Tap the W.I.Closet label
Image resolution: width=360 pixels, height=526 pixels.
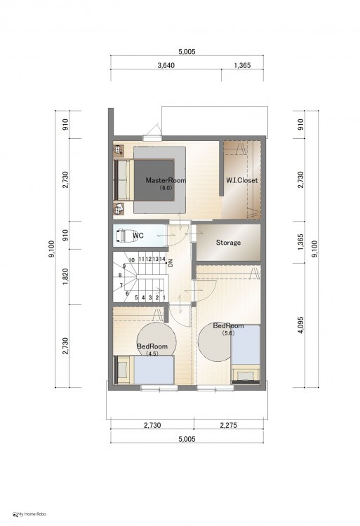241,180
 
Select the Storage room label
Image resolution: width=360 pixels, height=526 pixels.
228,243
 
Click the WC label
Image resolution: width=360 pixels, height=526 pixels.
138,236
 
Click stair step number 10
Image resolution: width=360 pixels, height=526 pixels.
131,260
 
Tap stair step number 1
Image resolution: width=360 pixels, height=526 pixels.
164,297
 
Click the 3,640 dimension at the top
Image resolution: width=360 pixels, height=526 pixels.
166,65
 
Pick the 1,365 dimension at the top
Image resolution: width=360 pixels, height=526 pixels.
242,65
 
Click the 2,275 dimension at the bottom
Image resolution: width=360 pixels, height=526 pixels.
229,426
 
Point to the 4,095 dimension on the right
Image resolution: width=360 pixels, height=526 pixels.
300,325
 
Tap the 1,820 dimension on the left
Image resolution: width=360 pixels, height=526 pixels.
65,277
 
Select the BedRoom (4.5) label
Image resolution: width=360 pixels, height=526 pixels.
152,349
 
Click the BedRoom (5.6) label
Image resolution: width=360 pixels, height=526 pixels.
228,329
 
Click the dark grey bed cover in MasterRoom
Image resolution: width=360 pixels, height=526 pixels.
154,180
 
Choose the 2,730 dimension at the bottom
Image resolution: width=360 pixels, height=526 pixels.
152,426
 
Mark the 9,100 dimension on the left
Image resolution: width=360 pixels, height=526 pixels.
52,249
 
